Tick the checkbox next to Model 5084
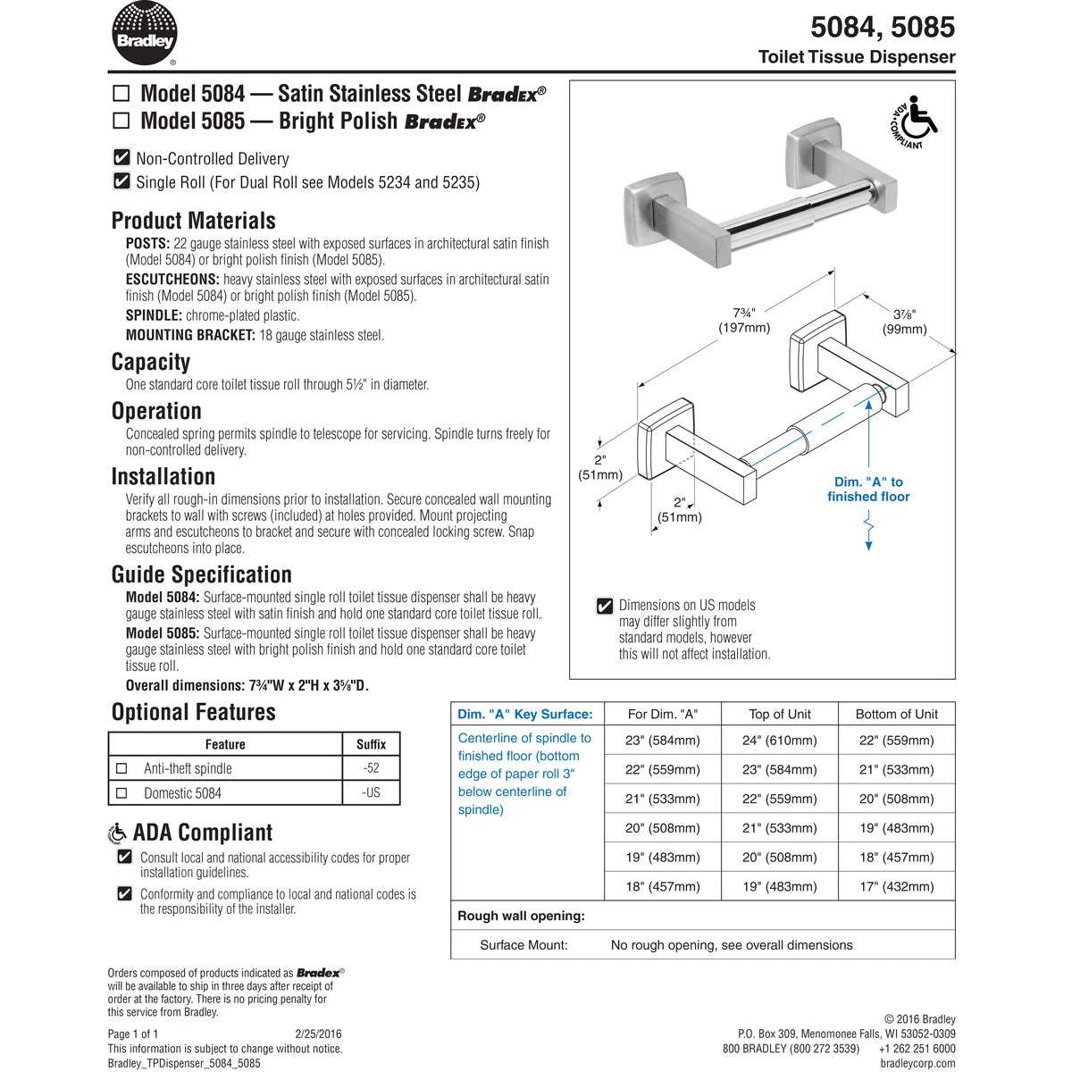click(121, 94)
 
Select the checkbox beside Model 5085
click(121, 121)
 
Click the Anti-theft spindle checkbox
click(122, 768)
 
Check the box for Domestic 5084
click(122, 792)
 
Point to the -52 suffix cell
click(371, 768)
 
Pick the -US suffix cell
click(371, 792)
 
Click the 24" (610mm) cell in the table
click(779, 741)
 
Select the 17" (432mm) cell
click(896, 887)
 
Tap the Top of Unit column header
click(779, 714)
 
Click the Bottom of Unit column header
click(896, 714)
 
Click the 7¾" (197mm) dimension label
click(744, 320)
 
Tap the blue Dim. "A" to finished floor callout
click(867, 490)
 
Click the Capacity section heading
click(151, 362)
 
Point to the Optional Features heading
click(193, 712)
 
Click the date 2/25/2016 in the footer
click(318, 1034)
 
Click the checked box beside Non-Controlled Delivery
click(122, 158)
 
